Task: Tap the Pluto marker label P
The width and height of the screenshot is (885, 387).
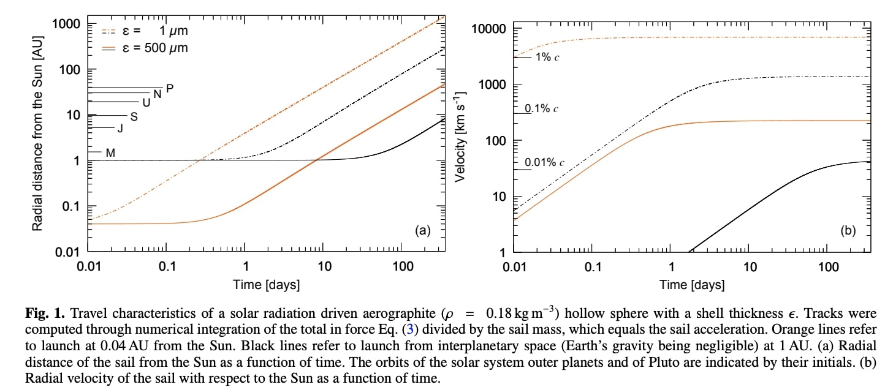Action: tap(170, 88)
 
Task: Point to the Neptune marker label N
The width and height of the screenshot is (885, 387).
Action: tap(158, 94)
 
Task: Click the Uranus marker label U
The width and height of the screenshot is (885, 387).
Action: tap(146, 102)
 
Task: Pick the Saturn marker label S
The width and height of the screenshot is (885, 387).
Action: tap(134, 116)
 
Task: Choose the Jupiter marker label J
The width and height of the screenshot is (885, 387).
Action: tap(120, 129)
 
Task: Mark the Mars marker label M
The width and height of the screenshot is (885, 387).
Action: tap(110, 152)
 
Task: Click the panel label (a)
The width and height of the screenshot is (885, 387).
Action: tap(424, 230)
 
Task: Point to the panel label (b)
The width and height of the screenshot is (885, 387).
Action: tap(848, 230)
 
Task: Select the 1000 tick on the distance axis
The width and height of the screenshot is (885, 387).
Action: tap(67, 24)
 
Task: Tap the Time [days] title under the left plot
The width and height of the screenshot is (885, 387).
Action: tap(266, 285)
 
